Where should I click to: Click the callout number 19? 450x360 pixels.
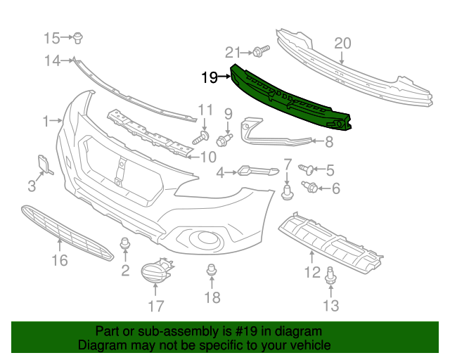coord(209,77)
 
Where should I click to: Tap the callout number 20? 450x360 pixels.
coord(342,44)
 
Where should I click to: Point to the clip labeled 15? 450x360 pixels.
coord(79,37)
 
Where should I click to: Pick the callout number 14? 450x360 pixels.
coord(53,60)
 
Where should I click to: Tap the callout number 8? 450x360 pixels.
coord(328,143)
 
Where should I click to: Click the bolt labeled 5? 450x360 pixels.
coord(306,169)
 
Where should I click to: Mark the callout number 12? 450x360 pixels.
coord(311,272)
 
